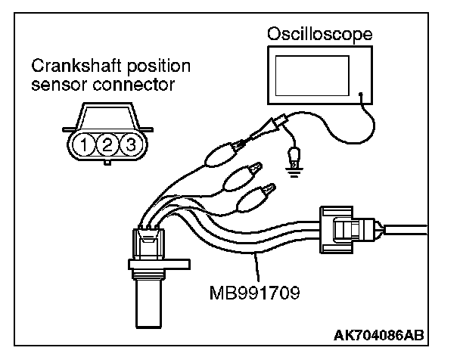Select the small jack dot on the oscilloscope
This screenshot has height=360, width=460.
[x=362, y=96]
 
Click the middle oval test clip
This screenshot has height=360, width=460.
[x=240, y=178]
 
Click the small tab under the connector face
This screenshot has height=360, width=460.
[x=107, y=161]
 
